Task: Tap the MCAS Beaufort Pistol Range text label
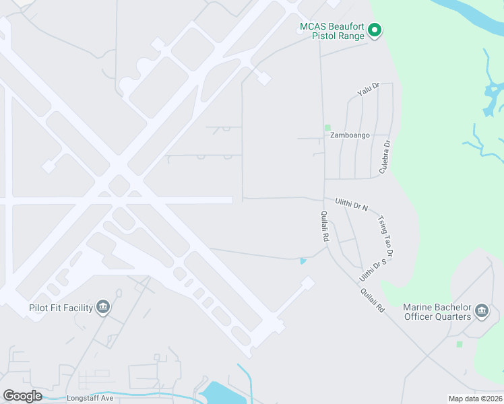332,31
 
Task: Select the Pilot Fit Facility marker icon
103,307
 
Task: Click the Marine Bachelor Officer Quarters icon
481,310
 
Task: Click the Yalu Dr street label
369,90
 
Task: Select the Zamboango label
350,135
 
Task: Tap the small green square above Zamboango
327,127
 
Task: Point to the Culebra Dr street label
385,157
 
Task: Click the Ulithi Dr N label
352,204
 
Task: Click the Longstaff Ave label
90,398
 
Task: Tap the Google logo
22,396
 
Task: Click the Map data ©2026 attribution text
475,399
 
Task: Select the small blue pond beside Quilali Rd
303,261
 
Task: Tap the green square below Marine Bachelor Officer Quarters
459,344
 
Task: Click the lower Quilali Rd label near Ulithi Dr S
371,300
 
